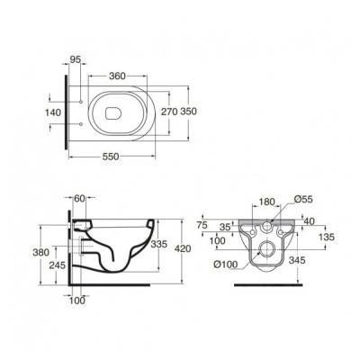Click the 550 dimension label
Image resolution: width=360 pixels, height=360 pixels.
(x=111, y=157)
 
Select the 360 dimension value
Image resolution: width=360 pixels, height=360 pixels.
(x=117, y=76)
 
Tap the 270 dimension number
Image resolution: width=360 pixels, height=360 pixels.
(x=169, y=112)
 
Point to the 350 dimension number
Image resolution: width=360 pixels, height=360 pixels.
(x=188, y=112)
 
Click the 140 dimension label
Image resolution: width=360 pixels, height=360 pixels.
(x=53, y=112)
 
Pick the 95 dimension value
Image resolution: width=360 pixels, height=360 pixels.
(x=76, y=59)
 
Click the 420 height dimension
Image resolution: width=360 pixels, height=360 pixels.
(x=183, y=248)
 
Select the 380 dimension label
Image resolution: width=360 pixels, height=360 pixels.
(x=40, y=252)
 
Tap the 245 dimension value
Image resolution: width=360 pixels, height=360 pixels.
(x=57, y=265)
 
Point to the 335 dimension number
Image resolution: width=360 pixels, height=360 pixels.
(x=158, y=244)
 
